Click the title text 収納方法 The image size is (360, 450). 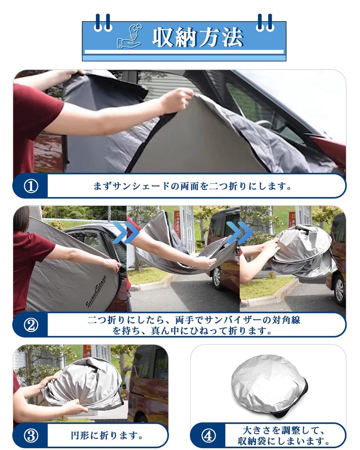(197, 37)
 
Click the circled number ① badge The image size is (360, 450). (30, 186)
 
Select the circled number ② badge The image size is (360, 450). (30, 325)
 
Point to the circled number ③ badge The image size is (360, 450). (30, 436)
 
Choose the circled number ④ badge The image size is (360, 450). (208, 436)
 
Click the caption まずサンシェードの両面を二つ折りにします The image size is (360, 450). (193, 186)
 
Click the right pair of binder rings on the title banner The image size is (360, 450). (265, 23)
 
